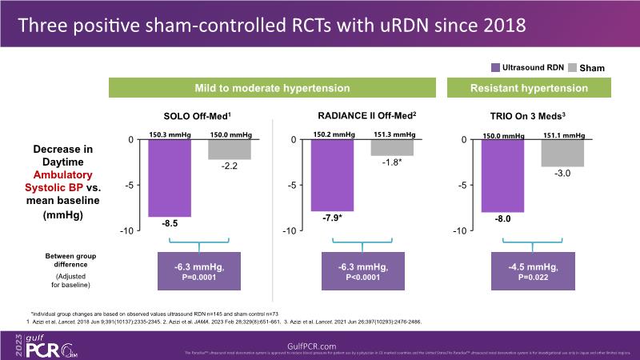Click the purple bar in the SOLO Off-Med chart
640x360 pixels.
(170, 178)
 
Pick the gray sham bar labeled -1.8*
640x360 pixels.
(391, 147)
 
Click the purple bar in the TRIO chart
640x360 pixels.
(502, 176)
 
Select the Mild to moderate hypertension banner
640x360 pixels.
(272, 87)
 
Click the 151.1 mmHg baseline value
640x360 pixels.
(565, 135)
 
